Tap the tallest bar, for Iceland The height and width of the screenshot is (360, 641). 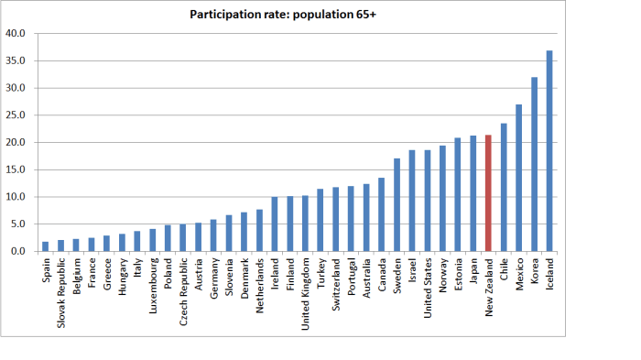pyautogui.click(x=549, y=151)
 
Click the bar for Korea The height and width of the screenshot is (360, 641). pyautogui.click(x=534, y=164)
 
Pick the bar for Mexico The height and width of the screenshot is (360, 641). pyautogui.click(x=518, y=178)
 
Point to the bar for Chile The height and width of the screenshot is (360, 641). pyautogui.click(x=503, y=187)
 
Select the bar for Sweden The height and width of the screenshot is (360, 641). pyautogui.click(x=397, y=205)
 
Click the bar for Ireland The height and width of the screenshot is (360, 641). pyautogui.click(x=274, y=224)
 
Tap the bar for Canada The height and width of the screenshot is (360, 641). pyautogui.click(x=381, y=214)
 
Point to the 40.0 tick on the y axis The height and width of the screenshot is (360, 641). pyautogui.click(x=16, y=34)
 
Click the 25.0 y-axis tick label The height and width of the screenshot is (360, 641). pyautogui.click(x=16, y=115)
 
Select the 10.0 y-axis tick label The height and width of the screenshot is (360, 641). pyautogui.click(x=16, y=197)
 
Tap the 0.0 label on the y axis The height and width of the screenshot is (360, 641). pyautogui.click(x=18, y=251)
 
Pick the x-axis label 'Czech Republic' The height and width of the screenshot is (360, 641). pyautogui.click(x=183, y=289)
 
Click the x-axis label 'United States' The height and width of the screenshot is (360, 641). pyautogui.click(x=427, y=287)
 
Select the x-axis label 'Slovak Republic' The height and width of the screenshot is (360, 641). pyautogui.click(x=61, y=290)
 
